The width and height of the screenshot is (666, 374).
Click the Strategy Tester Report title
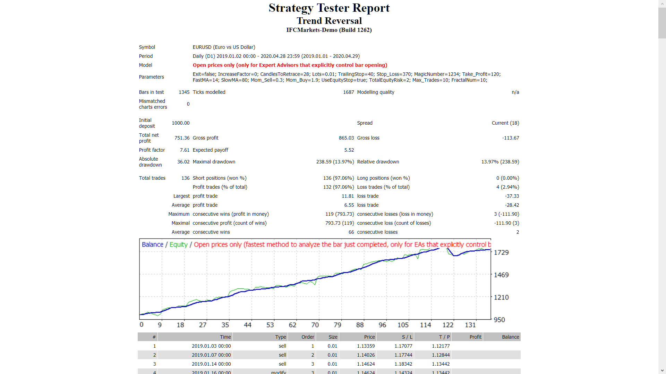[x=329, y=8]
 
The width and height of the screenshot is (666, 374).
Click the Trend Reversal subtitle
[x=329, y=21]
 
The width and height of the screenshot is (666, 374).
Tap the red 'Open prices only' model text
[x=290, y=65]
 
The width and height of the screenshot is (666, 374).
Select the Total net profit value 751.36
[x=182, y=138]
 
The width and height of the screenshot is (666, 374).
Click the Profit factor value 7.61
[x=185, y=150]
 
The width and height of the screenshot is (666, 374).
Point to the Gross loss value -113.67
[x=510, y=138]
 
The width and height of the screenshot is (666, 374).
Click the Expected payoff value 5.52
[x=349, y=150]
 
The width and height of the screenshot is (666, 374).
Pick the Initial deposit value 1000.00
[x=180, y=123]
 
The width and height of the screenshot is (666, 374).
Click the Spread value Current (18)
[x=505, y=123]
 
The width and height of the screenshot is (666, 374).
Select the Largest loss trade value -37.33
[x=512, y=196]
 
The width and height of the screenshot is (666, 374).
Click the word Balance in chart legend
[x=152, y=244]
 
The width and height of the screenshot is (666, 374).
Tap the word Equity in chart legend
[x=178, y=244]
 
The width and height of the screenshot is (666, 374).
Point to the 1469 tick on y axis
[x=501, y=275]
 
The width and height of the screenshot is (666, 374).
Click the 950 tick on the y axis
[x=499, y=320]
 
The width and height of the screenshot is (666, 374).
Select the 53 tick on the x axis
[x=270, y=325]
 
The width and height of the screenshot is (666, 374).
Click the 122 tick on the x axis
[x=447, y=325]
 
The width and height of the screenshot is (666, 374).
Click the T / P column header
[x=444, y=337]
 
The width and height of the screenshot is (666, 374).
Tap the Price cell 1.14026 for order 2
[x=366, y=355]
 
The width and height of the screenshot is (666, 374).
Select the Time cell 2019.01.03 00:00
[x=211, y=346]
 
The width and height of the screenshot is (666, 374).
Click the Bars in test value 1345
[x=184, y=92]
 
